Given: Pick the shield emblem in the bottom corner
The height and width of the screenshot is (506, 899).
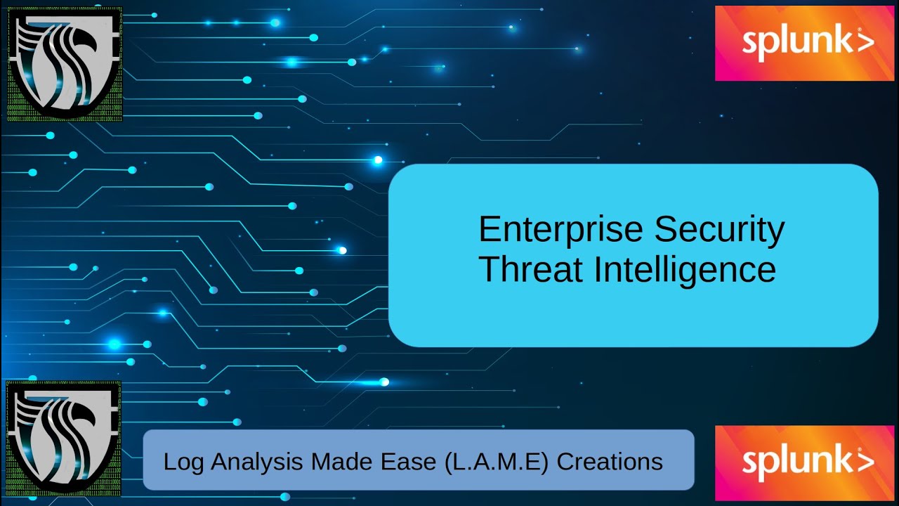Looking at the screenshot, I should (x=63, y=436).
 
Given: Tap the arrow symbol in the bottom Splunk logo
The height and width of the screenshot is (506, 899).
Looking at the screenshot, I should (x=866, y=462).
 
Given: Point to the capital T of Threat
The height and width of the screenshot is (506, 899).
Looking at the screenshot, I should (x=487, y=270).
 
